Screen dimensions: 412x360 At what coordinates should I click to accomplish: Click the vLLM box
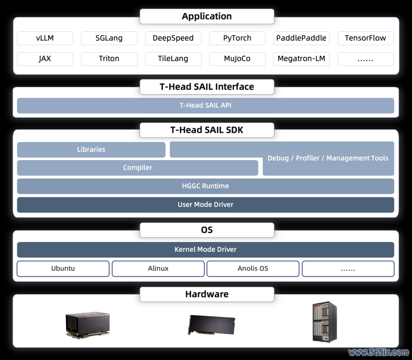[45, 38]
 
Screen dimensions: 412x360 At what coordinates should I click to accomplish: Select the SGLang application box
[109, 38]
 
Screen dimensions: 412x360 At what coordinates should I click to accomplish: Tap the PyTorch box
[237, 38]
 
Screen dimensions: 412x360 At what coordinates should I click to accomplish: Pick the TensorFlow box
[365, 38]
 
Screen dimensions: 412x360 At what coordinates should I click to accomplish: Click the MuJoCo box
[237, 58]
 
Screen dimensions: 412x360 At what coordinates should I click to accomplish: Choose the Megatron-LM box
[301, 58]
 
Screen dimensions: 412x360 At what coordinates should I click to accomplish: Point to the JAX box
[45, 58]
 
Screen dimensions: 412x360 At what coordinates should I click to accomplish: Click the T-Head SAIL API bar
[205, 106]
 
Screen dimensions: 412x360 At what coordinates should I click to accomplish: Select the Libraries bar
[91, 150]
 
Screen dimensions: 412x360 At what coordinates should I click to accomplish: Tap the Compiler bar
[137, 168]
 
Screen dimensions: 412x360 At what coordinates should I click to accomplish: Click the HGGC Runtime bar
[205, 186]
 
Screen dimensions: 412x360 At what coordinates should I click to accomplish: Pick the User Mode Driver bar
[205, 205]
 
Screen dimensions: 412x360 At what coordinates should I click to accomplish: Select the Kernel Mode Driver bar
[205, 250]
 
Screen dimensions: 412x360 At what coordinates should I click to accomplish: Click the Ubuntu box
[63, 269]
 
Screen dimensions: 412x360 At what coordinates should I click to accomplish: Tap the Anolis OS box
[253, 269]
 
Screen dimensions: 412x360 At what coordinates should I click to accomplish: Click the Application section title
[207, 16]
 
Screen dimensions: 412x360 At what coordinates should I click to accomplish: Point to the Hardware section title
[207, 294]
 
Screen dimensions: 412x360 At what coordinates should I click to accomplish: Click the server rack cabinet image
[325, 322]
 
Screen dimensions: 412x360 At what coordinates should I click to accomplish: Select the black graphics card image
[212, 325]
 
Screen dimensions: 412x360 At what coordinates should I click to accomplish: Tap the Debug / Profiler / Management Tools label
[328, 158]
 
